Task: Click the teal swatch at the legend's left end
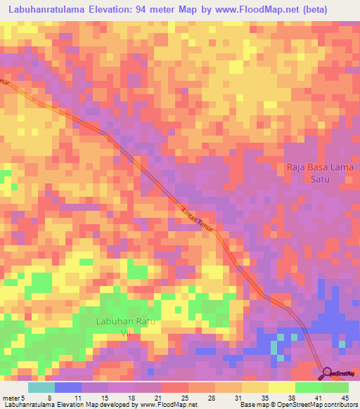(41, 387)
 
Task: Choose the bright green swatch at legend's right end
(335, 387)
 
